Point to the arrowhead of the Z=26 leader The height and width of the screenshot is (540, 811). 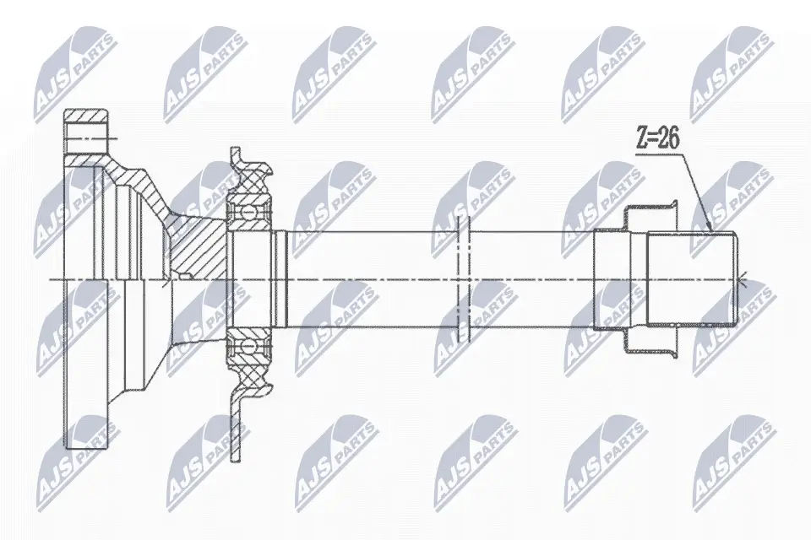point(710,230)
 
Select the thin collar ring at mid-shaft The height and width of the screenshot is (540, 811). point(462,278)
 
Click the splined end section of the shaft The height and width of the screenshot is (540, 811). point(691,278)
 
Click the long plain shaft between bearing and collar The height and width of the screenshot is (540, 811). point(372,278)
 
